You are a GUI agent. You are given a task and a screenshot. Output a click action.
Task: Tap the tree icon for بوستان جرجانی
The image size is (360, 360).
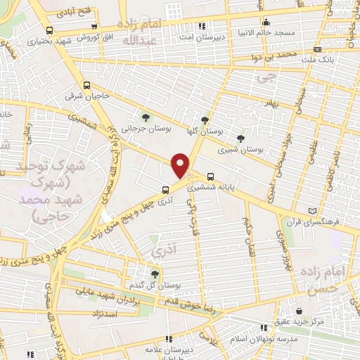pyautogui.click(x=146, y=116)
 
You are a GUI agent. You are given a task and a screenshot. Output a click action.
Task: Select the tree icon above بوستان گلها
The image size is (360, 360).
pyautogui.click(x=205, y=120)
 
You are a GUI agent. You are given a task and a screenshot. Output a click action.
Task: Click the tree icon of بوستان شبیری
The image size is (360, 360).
pyautogui.click(x=241, y=139)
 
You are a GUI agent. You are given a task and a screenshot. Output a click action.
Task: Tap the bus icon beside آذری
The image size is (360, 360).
pyautogui.click(x=165, y=189)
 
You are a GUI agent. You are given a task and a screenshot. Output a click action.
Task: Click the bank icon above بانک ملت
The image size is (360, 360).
pyautogui.click(x=318, y=49)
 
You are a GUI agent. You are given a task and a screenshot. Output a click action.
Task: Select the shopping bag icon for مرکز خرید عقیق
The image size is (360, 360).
pyautogui.click(x=300, y=311)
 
